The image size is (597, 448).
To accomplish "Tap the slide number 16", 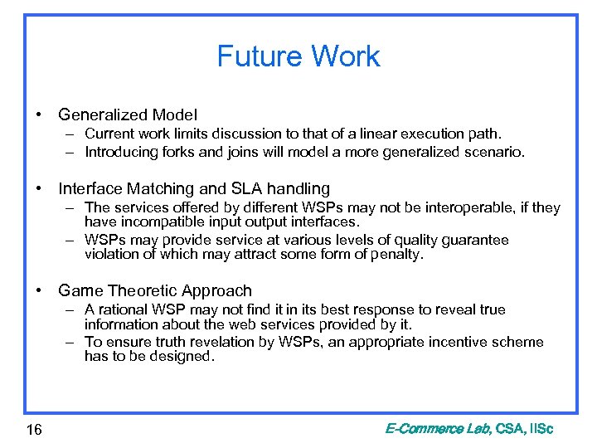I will pos(35,429).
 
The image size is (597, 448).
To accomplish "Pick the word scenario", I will pos(494,152).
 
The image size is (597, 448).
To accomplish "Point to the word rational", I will pos(122,309).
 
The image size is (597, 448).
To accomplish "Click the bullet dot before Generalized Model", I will pos(40,114).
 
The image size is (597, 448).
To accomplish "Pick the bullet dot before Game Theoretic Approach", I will pos(40,290).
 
